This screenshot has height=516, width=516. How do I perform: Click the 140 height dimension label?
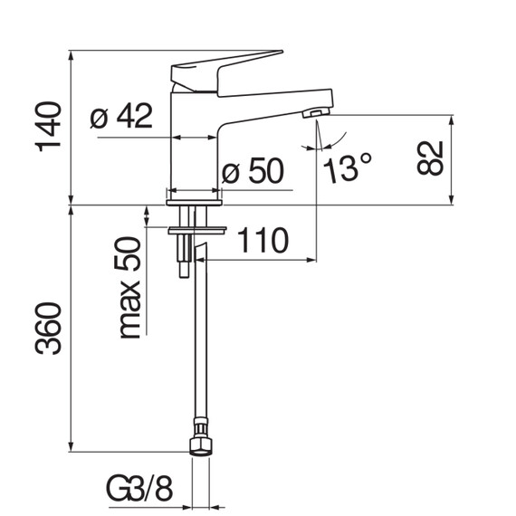pos(48,127)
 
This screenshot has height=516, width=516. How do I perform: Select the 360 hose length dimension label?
pos(48,329)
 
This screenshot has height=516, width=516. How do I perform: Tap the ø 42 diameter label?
pos(121,116)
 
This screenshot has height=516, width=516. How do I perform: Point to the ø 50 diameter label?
pos(253,170)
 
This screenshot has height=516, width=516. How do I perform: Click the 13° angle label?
pos(348,167)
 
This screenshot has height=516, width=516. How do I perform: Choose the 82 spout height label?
pos(430,158)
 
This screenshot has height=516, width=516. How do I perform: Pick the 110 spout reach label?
pos(263,240)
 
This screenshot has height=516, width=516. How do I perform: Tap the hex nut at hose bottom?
pos(200,446)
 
